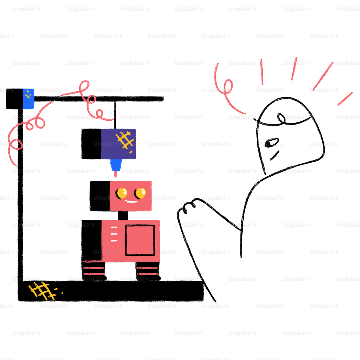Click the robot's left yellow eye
121,193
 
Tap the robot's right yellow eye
140,193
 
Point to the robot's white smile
131,201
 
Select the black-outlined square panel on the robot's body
140,240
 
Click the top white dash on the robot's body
114,227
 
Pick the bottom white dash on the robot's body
114,240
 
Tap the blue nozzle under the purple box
115,166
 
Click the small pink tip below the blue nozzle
116,175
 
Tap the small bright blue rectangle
28,99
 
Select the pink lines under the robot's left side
94,268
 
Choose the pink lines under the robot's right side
148,271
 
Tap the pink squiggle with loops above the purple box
88,99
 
